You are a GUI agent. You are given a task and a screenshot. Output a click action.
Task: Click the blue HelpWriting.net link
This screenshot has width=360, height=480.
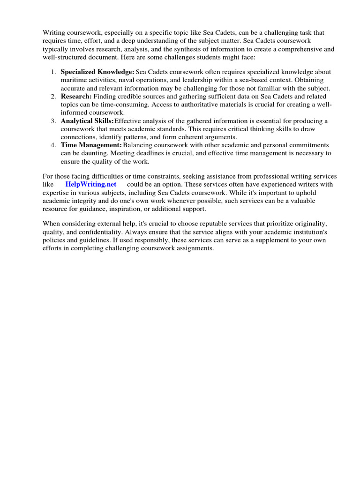90,184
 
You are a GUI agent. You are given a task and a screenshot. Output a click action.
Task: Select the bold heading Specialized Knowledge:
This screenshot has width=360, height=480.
97,72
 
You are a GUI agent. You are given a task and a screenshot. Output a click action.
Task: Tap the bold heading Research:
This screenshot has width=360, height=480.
76,96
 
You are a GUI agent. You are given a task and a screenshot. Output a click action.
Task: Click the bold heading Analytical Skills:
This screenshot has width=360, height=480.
87,121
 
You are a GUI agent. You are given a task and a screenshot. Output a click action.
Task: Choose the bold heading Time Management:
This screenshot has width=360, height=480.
91,145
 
